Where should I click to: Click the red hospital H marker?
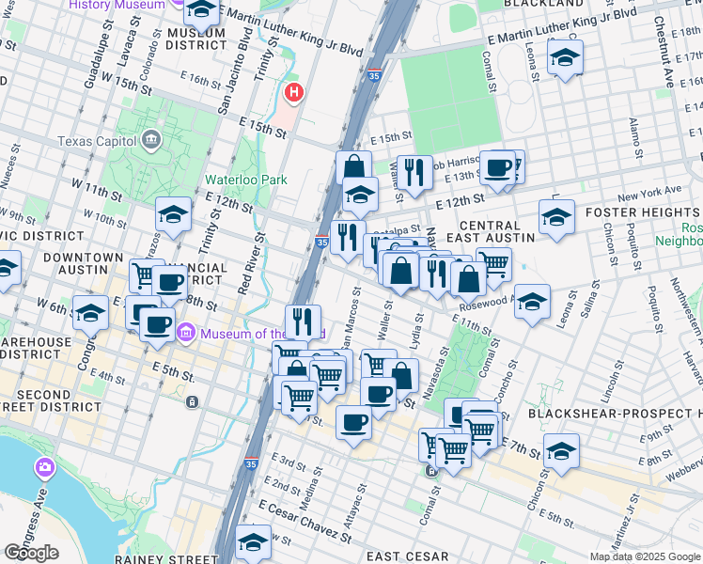[294, 93]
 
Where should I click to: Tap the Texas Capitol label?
[99, 142]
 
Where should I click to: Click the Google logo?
[31, 553]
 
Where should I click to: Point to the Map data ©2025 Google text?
[645, 556]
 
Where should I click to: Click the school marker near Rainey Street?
[253, 541]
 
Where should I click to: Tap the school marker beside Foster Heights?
[556, 216]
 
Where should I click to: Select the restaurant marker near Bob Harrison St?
[414, 171]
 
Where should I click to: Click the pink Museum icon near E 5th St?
[185, 332]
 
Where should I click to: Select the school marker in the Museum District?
[201, 10]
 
